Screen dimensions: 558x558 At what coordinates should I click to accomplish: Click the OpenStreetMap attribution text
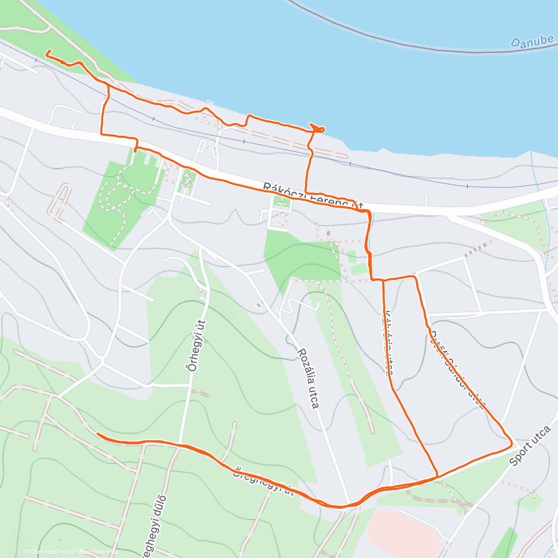click(98, 552)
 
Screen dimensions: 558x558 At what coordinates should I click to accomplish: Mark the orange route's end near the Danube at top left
click(46, 54)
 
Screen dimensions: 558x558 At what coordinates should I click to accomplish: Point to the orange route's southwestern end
click(97, 434)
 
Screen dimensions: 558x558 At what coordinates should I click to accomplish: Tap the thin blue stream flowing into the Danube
click(535, 172)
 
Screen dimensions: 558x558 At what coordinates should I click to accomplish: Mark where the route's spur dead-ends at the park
click(135, 150)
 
